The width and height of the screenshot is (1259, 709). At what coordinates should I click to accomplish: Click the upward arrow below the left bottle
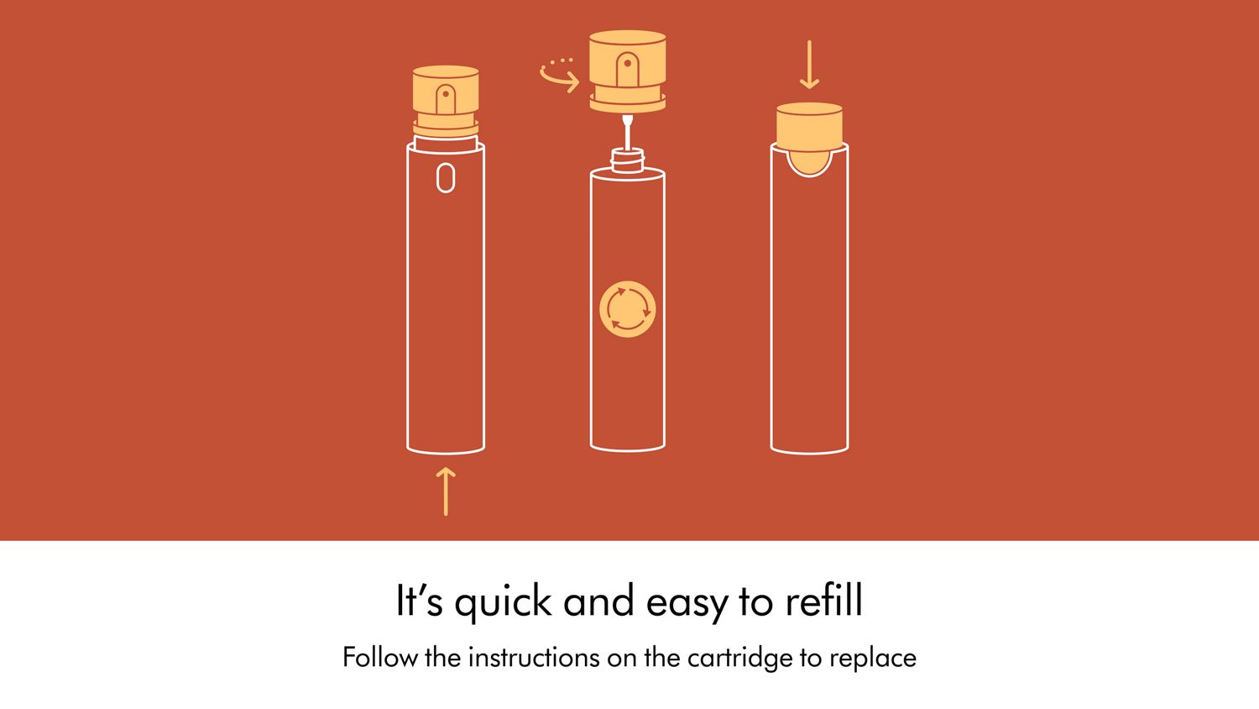446,491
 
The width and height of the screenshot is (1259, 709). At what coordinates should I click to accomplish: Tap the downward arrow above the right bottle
809,64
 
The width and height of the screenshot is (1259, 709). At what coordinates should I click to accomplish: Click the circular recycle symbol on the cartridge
627,309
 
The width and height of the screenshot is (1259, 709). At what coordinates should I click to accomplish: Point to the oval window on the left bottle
446,178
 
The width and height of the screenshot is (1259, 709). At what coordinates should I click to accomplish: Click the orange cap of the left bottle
446,102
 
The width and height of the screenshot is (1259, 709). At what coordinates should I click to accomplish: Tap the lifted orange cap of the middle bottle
627,71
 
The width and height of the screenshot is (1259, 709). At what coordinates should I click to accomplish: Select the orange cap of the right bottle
809,127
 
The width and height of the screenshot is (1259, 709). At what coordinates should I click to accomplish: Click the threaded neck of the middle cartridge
627,160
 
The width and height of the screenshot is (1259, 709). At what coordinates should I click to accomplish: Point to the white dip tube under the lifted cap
627,133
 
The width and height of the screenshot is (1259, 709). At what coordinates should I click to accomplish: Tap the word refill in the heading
823,600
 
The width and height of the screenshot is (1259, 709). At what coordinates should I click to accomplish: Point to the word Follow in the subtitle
380,657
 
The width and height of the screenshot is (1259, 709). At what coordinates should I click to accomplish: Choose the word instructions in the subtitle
535,657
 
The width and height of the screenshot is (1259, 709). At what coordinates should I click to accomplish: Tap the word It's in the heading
420,600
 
